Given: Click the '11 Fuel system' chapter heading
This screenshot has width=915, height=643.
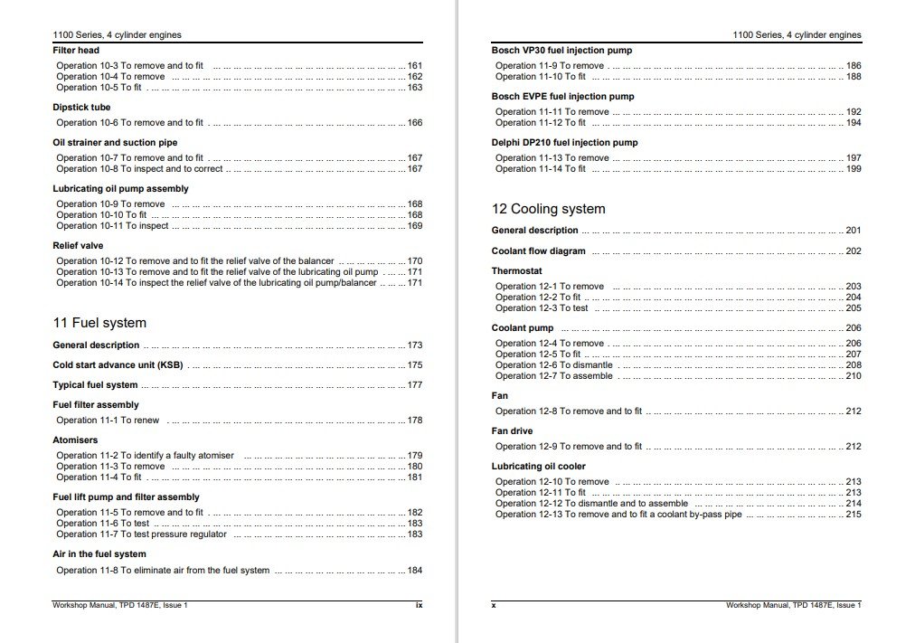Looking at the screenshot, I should coord(99,323).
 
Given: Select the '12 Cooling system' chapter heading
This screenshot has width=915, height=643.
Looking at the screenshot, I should coord(548,209).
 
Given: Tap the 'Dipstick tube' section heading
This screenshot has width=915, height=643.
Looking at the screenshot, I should coord(81,108).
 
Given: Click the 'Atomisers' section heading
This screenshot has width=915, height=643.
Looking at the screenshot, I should coord(75,440).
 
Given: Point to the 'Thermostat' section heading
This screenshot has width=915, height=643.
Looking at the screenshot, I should coord(517,270).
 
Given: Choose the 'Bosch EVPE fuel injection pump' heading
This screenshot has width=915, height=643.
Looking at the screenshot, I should coord(562,97).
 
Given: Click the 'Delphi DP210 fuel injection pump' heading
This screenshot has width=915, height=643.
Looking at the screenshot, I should coord(564,143).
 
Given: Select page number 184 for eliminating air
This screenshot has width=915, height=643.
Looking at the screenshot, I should coord(415,571).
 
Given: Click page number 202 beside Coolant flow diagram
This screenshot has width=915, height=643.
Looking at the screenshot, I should coord(854,251).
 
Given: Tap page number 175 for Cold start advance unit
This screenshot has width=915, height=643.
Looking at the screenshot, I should coord(415,365).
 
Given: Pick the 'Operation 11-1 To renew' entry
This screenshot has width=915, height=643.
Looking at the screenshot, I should coord(108,421).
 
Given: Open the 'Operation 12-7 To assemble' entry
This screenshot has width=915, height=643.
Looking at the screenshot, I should coord(553,376).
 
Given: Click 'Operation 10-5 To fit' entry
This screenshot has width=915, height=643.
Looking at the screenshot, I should coord(99,88).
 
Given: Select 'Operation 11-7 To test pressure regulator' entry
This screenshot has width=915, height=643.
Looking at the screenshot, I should coord(141,534).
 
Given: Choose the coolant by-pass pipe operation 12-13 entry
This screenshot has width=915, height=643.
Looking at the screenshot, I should coord(618,515).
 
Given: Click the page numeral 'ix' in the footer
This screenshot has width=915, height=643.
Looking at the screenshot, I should coord(418,605).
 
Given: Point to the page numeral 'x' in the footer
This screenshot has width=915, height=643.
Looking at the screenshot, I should coord(494,605).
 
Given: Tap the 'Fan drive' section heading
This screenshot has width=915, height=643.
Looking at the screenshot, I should coord(512,431).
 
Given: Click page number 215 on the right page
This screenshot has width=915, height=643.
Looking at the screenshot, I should coord(854,515).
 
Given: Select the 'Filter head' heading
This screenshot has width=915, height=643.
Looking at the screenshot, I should coord(76,51).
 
